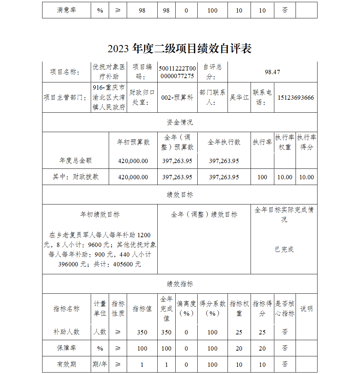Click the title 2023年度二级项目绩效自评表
(179, 49)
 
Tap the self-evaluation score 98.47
(272, 72)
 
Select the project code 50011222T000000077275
(177, 72)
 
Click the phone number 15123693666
(296, 98)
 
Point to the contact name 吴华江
(239, 98)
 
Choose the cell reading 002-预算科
(177, 98)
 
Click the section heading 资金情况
(180, 122)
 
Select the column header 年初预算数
(133, 142)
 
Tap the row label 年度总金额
(75, 161)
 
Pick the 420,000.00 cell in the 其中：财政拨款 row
(133, 177)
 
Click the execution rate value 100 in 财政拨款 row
(262, 177)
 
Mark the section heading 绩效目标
(180, 195)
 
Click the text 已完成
(284, 249)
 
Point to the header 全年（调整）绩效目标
(204, 215)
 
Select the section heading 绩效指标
(180, 284)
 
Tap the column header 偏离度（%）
(186, 308)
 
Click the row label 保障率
(66, 348)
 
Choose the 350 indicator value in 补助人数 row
(142, 332)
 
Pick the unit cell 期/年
(100, 364)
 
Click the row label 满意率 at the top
(66, 10)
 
